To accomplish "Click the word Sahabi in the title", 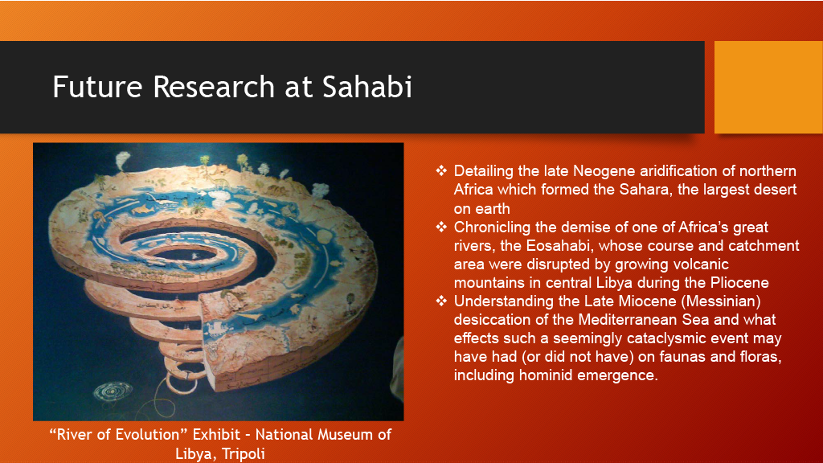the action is point(366,87).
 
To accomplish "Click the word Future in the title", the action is point(97,87).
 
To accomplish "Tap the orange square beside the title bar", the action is point(768,87).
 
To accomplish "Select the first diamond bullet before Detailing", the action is point(441,170).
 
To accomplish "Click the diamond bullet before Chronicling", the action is point(441,226).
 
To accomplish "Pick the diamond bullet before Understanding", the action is point(441,301).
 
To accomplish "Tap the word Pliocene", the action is point(739,282).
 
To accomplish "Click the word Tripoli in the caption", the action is point(243,453).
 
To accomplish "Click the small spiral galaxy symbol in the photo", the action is point(113,391).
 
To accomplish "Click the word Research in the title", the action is point(214,87).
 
